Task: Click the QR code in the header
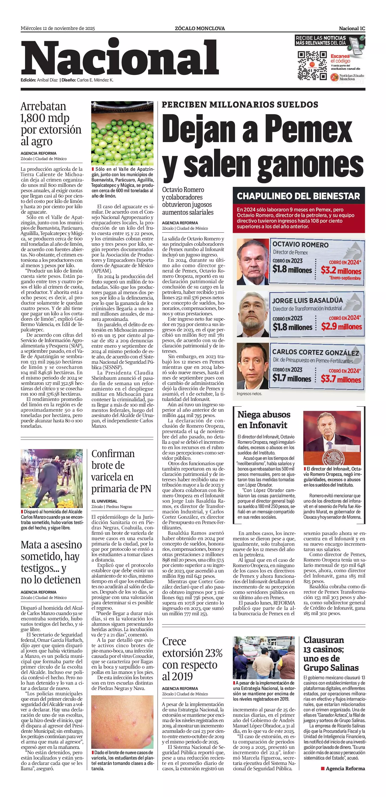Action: click(312, 66)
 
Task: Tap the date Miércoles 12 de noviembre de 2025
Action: click(58, 28)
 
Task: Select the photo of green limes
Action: click(122, 133)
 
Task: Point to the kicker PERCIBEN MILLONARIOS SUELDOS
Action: click(240, 105)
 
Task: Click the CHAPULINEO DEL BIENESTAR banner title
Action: click(298, 196)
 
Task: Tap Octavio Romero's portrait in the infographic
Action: click(252, 262)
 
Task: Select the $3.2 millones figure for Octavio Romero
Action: click(341, 271)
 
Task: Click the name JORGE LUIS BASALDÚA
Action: click(307, 300)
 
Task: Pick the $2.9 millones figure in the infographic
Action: click(341, 326)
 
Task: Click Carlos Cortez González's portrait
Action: click(252, 366)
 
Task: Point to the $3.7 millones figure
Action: click(341, 379)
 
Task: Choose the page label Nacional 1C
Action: click(352, 28)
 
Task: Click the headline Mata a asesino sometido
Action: click(51, 562)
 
